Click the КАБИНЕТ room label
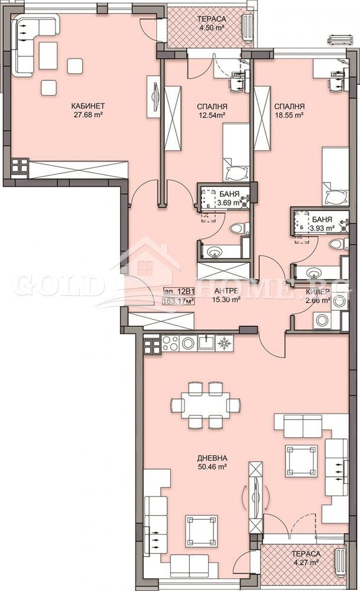(85, 106)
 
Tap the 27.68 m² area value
(85, 115)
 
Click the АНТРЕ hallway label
(226, 290)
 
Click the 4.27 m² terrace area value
(306, 563)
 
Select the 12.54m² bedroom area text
(212, 116)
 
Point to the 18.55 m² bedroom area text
(290, 116)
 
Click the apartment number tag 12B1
(179, 291)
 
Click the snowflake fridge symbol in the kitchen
(223, 343)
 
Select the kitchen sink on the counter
(206, 342)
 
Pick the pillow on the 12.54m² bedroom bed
(235, 171)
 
